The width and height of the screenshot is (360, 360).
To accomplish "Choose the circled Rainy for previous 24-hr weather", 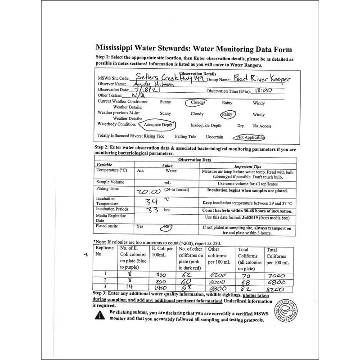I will (x=229, y=114).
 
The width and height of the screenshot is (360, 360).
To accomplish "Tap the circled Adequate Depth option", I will (x=157, y=125).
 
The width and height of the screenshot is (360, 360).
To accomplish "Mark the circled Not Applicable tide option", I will (x=247, y=137).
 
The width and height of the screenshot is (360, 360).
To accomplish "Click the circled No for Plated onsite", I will (x=167, y=227).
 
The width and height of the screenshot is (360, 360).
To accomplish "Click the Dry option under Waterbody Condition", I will (x=241, y=126).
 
